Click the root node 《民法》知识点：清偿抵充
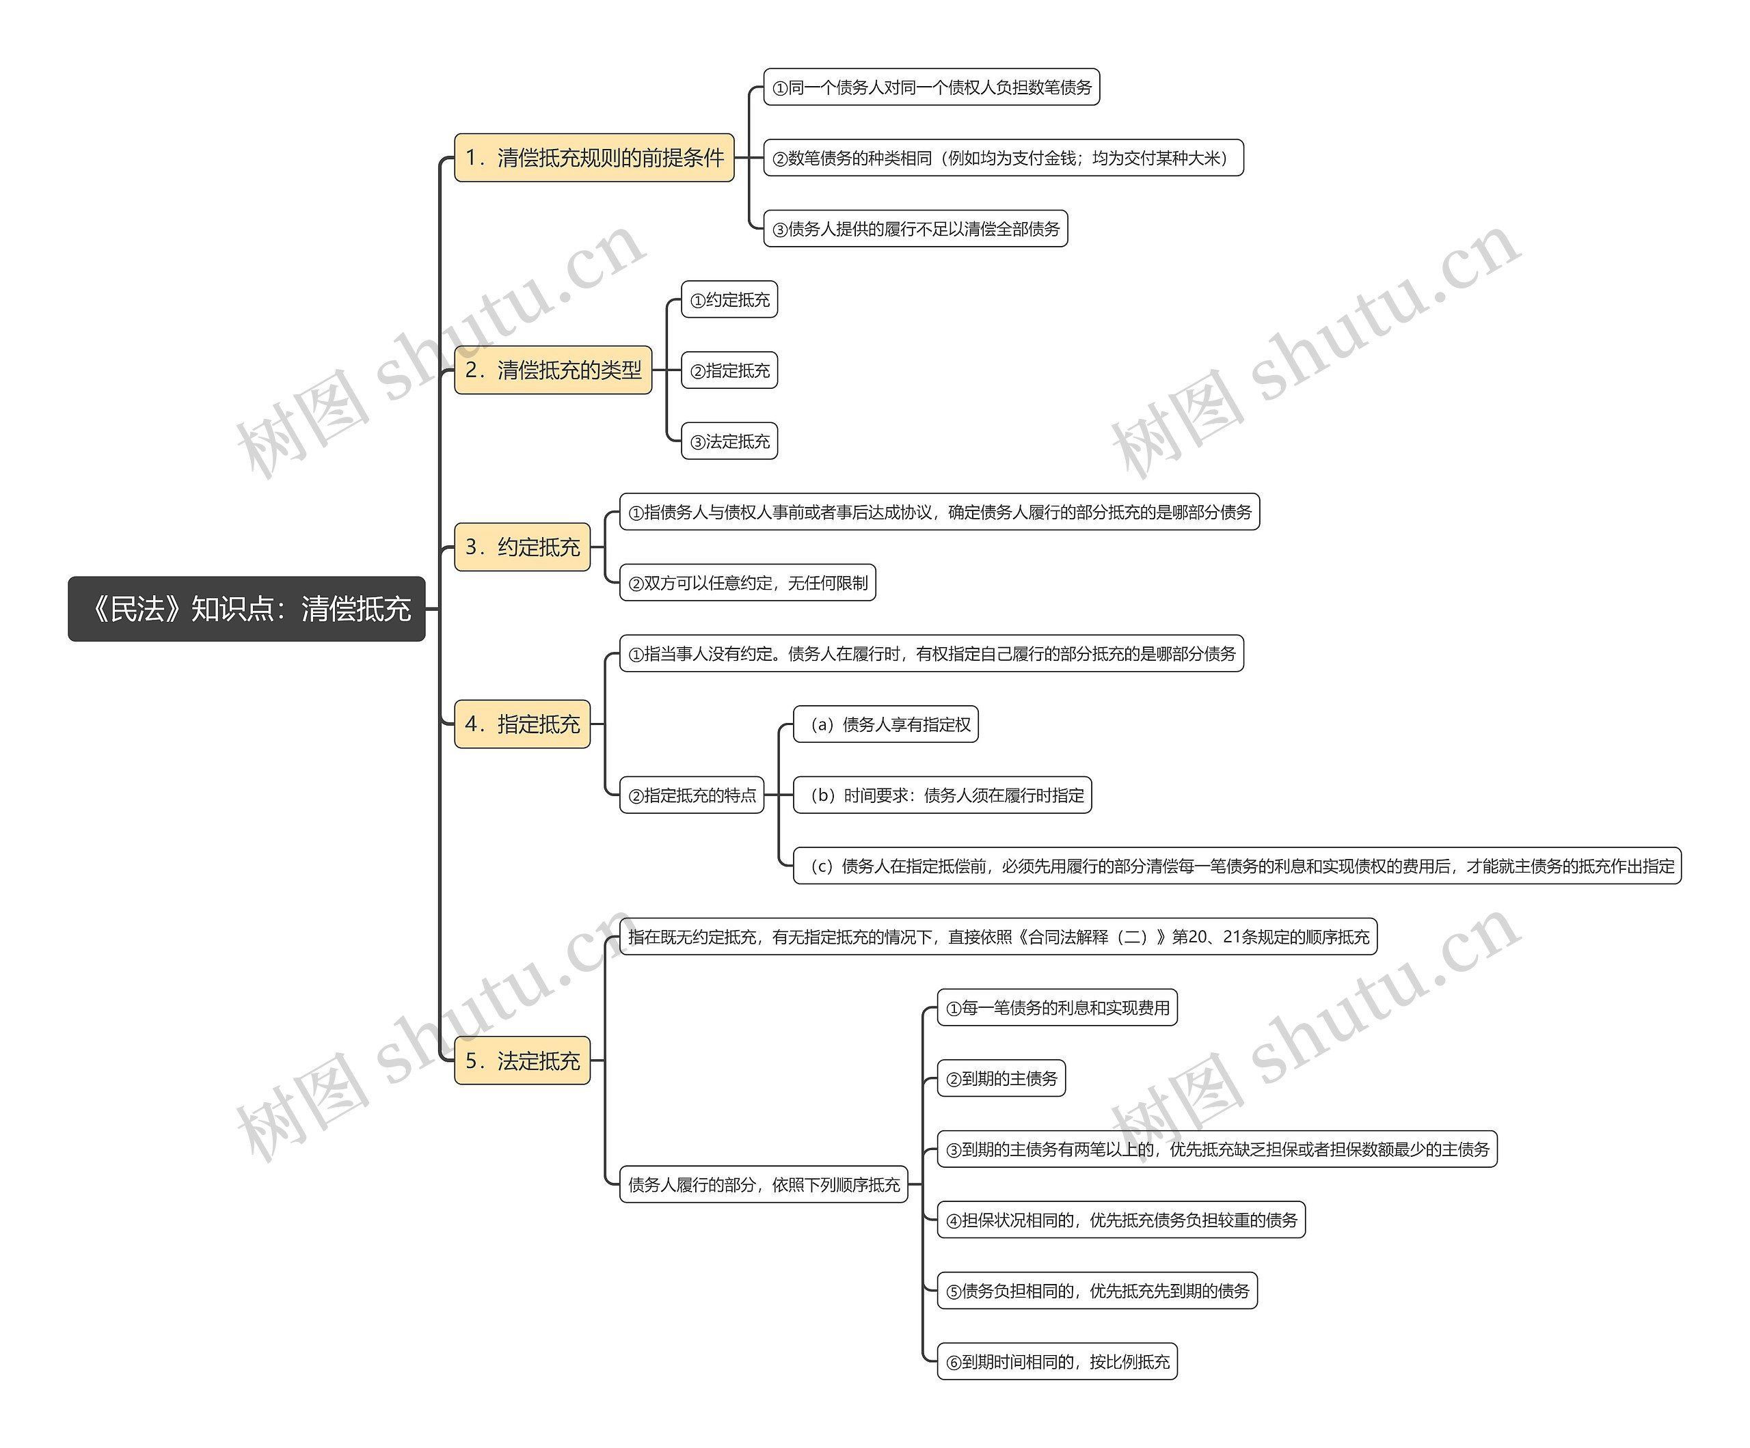[x=247, y=609]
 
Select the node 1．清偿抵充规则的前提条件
[x=593, y=157]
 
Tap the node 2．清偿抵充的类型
[x=552, y=370]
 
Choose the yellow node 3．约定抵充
[x=522, y=547]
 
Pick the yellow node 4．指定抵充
[x=522, y=724]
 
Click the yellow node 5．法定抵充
[x=522, y=1061]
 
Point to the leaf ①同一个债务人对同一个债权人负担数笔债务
[x=931, y=87]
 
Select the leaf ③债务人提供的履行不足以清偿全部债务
[x=915, y=229]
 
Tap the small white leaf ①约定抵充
[x=729, y=300]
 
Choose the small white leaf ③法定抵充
[x=729, y=441]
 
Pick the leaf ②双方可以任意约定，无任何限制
[x=746, y=583]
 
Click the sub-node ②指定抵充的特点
[x=691, y=795]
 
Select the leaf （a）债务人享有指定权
[x=885, y=725]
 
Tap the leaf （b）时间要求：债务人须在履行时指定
[x=942, y=795]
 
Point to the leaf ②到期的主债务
[x=1001, y=1079]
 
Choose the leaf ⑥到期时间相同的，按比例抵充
[x=1057, y=1362]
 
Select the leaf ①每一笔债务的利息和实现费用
[x=1057, y=1008]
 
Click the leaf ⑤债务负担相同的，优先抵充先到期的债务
[x=1096, y=1292]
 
